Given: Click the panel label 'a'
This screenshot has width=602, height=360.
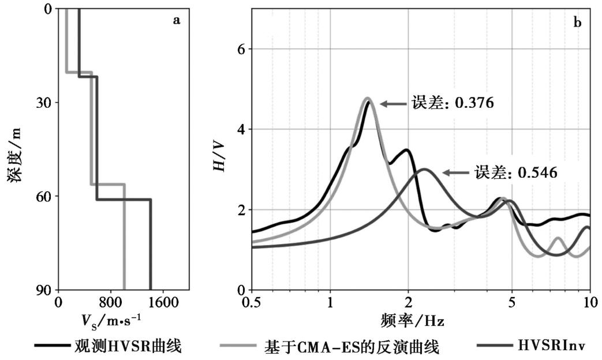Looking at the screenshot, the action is (176, 20).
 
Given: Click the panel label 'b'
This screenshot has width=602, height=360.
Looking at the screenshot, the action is (577, 22).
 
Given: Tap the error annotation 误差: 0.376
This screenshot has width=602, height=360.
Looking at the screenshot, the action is (453, 103).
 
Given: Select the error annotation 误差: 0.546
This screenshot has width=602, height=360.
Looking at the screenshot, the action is (516, 172).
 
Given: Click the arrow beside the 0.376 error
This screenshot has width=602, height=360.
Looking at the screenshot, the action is (392, 104).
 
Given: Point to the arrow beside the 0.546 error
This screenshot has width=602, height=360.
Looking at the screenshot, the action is (456, 173).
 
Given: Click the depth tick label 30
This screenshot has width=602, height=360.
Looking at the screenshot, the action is (43, 103).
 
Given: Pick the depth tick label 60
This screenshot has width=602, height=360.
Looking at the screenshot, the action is (43, 196).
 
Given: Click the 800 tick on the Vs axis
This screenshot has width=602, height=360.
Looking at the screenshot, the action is (110, 302).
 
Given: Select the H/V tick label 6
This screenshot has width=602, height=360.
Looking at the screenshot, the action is (241, 49).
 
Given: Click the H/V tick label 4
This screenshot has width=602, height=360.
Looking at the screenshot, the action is (241, 129).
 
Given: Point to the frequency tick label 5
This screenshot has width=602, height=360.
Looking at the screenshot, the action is (512, 302).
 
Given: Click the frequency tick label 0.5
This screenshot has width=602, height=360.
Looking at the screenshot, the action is (252, 302).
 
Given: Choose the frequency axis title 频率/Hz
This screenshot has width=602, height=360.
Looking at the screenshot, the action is (413, 320).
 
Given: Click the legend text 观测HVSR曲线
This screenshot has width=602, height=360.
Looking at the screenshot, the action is (128, 346).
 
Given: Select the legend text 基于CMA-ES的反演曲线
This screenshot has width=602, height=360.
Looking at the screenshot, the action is (352, 347).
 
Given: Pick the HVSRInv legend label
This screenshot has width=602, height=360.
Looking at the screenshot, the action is (551, 346).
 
